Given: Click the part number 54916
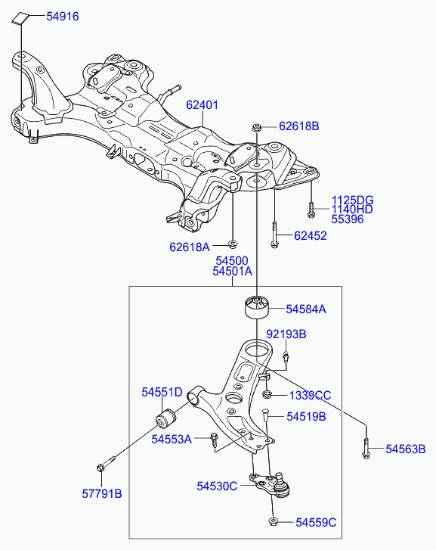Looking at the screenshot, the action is coord(63,17).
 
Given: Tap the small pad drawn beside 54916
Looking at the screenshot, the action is coord(20,18).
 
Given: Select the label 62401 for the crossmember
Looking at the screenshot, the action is coord(202,105).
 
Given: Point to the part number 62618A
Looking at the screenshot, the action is coord(189,247).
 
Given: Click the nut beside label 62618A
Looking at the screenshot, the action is coord(232,244).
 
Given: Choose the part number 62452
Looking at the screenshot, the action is coord(310,236).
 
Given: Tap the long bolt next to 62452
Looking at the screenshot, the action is coord(274,235).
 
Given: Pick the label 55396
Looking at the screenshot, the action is coord(348,219).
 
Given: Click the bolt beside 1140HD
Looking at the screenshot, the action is coord(311,210).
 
